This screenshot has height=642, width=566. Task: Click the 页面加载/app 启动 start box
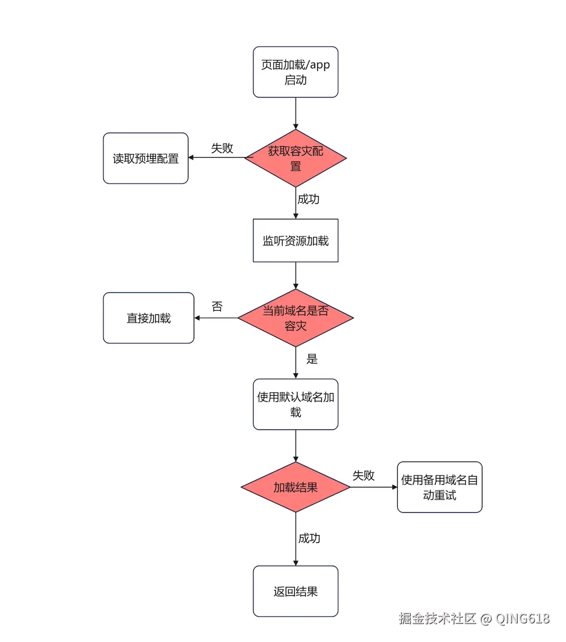[x=295, y=72]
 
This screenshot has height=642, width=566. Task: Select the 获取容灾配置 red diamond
[x=295, y=158]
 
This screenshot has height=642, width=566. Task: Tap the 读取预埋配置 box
[x=145, y=158]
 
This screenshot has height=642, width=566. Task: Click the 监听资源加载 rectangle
[x=295, y=241]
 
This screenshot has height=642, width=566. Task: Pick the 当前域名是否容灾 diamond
[x=295, y=318]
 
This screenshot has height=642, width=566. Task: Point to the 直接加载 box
[x=149, y=318]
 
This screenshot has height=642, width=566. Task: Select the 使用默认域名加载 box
[x=295, y=404]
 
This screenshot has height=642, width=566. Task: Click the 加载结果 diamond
[x=295, y=487]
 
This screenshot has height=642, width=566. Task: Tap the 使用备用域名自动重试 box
[x=439, y=487]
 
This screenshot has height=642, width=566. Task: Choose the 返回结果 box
[x=295, y=591]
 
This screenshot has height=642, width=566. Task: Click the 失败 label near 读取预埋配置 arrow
[x=222, y=148]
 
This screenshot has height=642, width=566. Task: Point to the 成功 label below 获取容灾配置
[x=308, y=199]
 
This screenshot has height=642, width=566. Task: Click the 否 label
[x=217, y=306]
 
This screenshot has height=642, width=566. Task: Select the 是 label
[x=312, y=359]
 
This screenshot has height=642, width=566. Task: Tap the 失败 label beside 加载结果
[x=363, y=476]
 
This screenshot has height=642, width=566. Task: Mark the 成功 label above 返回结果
[x=309, y=538]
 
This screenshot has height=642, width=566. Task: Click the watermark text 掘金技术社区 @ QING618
[x=474, y=618]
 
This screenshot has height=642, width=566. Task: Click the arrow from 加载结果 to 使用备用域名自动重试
[x=374, y=487]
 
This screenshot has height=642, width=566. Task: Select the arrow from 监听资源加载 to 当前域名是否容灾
[x=295, y=275]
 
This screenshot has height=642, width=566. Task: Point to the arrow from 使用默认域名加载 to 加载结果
[x=295, y=445]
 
